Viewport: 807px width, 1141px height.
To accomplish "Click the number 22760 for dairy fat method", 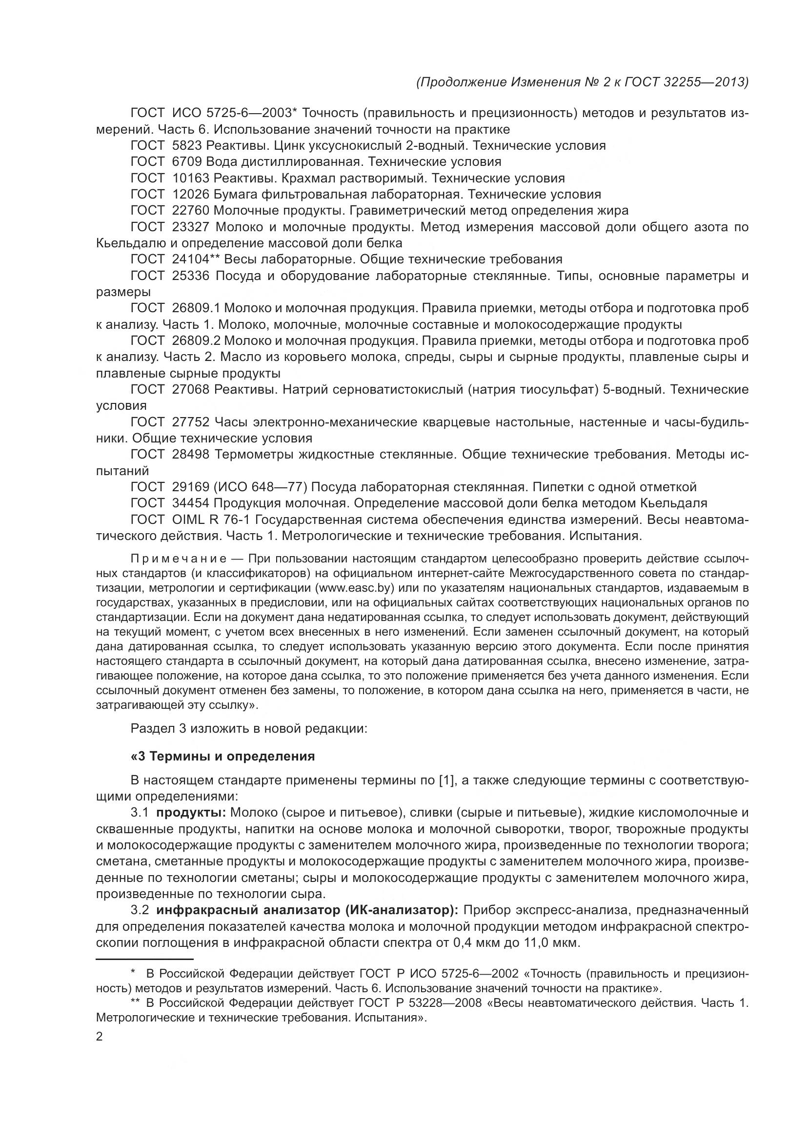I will tap(190, 211).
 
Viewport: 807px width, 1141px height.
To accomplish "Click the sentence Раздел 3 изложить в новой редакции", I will tap(248, 729).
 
